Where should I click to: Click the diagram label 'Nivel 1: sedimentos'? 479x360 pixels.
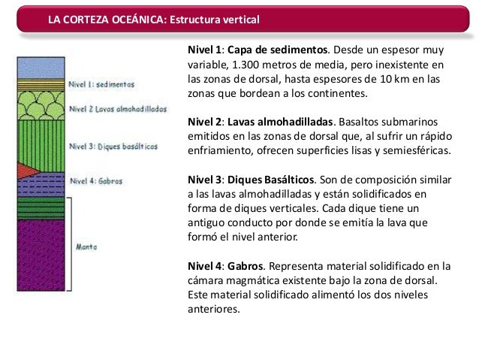(101, 85)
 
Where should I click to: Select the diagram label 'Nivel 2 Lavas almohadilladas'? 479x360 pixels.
(117, 108)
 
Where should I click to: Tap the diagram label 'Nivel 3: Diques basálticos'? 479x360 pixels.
(113, 147)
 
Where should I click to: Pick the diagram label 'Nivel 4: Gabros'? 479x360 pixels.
(95, 180)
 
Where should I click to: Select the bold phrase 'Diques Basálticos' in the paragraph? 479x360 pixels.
(276, 179)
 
